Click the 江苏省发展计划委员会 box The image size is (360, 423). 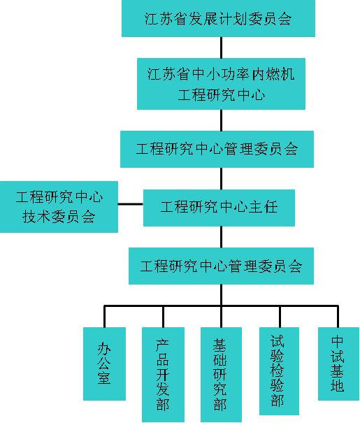tap(218, 18)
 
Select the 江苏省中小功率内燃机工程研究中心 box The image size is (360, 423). tap(221, 84)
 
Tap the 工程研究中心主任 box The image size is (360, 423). tap(219, 208)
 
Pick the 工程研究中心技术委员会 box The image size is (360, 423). tap(59, 207)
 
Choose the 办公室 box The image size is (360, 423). tap(104, 364)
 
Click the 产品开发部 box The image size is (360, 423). tap(163, 375)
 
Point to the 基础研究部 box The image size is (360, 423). tap(221, 375)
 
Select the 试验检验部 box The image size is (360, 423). tap(279, 371)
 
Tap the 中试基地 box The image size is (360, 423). tap(338, 364)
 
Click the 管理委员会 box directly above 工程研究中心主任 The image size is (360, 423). tap(217, 149)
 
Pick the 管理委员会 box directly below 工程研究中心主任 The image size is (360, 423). tap(221, 266)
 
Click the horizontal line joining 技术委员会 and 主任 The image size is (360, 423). tap(131, 204)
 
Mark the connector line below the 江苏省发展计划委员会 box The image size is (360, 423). tap(222, 48)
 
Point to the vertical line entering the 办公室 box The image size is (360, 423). tap(104, 317)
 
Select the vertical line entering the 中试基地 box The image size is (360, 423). tap(338, 317)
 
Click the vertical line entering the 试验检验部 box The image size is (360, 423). tap(280, 317)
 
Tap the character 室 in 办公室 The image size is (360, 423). tap(104, 378)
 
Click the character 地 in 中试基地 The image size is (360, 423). tap(338, 385)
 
